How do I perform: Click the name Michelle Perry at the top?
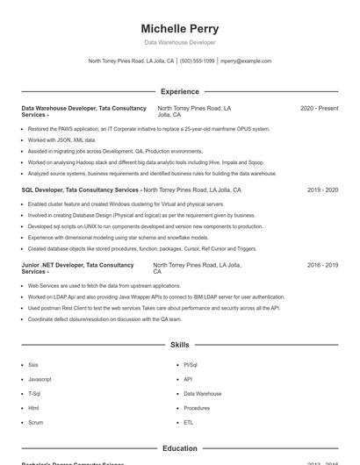[179, 29]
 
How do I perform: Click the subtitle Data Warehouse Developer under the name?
[179, 42]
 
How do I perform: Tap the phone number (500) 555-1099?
[197, 61]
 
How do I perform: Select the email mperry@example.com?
[246, 61]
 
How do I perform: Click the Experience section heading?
[179, 91]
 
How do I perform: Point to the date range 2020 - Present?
[319, 108]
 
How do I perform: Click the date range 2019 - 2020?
[322, 190]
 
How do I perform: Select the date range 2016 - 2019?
[322, 264]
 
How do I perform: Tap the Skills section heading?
[179, 346]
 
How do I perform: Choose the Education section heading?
[179, 448]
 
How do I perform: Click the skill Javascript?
[40, 379]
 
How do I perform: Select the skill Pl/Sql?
[191, 365]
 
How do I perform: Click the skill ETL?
[188, 422]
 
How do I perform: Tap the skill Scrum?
[35, 422]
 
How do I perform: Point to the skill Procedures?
[197, 408]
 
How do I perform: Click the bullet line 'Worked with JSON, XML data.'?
[61, 139]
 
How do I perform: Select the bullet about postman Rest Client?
[154, 308]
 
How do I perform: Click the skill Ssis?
[33, 365]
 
